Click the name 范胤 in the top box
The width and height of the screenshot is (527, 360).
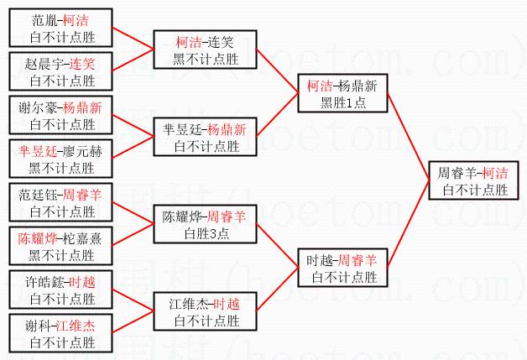44,18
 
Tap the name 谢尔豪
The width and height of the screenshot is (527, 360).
44,107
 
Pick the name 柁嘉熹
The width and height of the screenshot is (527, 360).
82,238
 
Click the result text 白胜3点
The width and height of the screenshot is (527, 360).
206,233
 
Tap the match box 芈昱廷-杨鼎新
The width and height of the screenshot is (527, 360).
206,138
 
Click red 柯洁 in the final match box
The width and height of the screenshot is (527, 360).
495,174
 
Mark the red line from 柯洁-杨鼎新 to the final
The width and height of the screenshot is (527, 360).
412,135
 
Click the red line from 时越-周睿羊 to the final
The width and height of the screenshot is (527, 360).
412,227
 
